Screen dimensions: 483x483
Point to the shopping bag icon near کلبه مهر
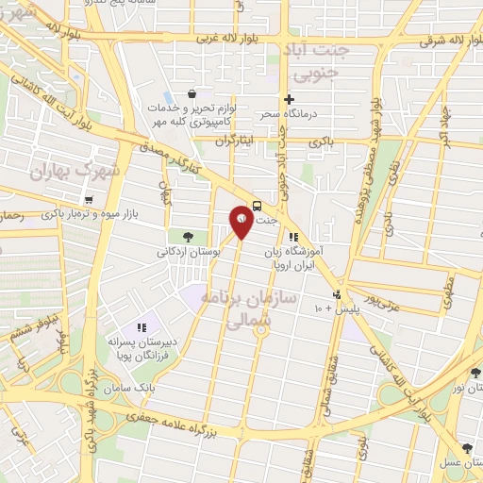point(192,93)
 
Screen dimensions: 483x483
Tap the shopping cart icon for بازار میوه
point(89,200)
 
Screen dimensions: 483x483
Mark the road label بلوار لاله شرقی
point(435,40)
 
